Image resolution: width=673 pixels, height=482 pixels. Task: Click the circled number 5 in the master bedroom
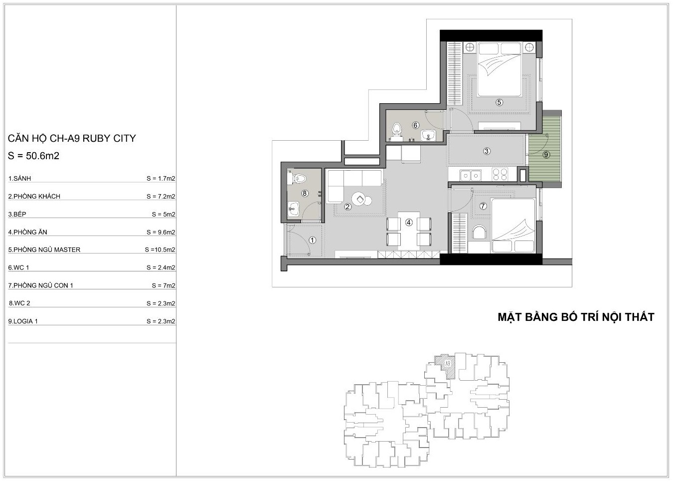click(499, 102)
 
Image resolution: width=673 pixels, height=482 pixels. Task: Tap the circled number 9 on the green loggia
click(546, 155)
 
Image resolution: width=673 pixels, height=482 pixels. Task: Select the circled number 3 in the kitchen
click(487, 151)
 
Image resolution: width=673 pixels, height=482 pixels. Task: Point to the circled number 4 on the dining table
click(409, 223)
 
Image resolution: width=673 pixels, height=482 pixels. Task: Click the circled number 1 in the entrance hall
click(313, 240)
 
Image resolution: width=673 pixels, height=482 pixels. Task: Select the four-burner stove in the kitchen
click(500, 175)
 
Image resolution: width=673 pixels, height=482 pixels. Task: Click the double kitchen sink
click(471, 175)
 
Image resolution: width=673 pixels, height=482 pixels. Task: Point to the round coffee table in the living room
click(359, 199)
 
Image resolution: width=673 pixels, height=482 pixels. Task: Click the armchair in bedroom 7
click(479, 233)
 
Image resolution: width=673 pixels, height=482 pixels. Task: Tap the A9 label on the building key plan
click(448, 364)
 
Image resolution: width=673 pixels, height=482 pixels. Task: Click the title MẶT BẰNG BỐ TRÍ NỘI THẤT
click(576, 317)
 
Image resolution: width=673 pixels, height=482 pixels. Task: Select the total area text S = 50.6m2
click(33, 156)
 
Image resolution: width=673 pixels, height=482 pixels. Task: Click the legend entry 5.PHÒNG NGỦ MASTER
click(44, 250)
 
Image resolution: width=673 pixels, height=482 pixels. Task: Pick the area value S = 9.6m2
click(161, 232)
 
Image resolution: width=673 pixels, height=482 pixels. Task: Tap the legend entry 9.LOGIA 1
click(23, 321)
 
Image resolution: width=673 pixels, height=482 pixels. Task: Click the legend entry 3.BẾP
click(17, 214)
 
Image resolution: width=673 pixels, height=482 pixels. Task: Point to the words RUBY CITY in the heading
click(109, 138)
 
